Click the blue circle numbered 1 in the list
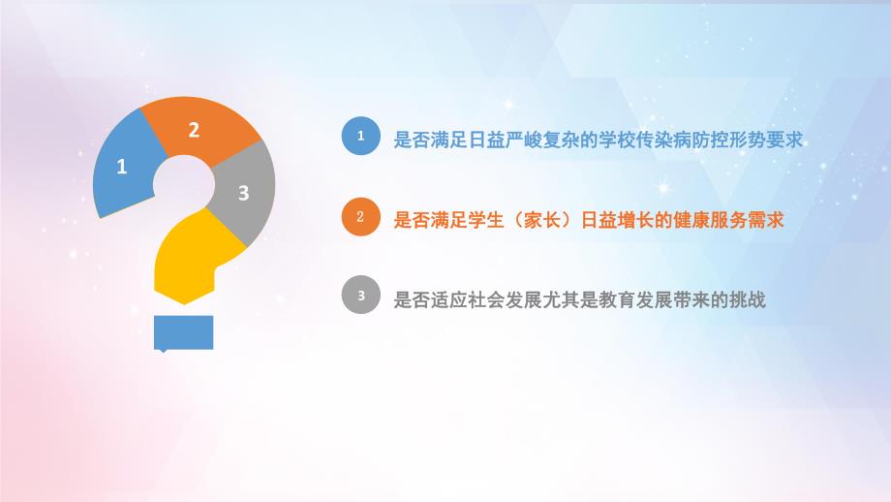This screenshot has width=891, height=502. [x=361, y=138]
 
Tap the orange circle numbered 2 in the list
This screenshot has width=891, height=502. [x=361, y=218]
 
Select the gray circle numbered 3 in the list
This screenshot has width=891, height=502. [x=361, y=298]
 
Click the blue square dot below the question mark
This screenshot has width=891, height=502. [x=183, y=331]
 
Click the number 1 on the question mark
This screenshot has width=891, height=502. [x=121, y=167]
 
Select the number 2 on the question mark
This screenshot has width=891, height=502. [x=194, y=130]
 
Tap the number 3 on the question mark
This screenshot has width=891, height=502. [x=244, y=193]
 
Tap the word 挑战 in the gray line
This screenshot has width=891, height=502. [x=748, y=300]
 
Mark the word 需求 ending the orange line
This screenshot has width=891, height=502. [x=764, y=220]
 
